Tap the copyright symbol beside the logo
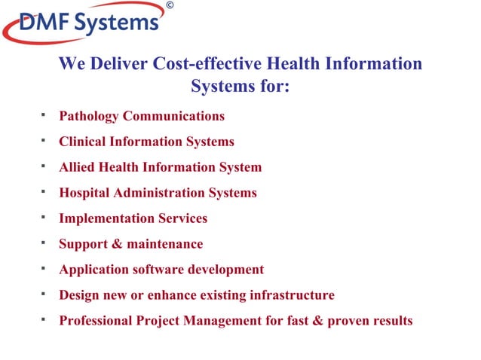(169, 6)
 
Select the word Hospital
(84, 193)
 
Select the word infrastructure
(291, 295)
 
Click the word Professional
(96, 321)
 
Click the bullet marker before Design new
(44, 293)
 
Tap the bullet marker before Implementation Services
(44, 216)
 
